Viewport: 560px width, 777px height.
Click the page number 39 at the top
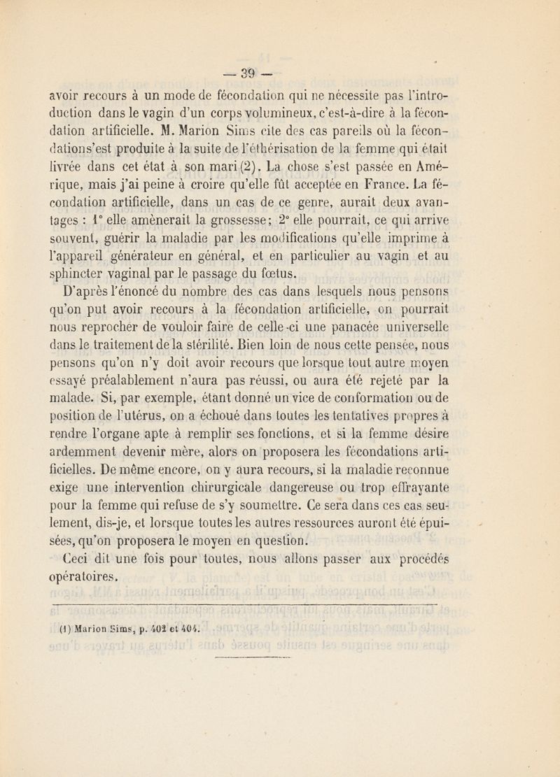coord(281,72)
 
